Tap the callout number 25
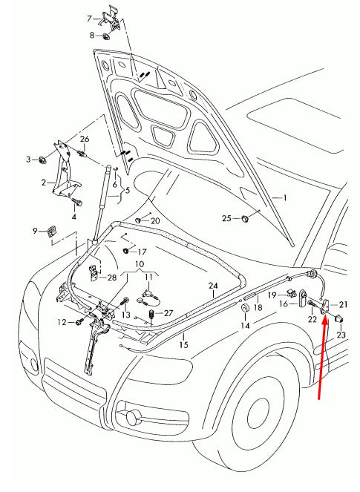pyautogui.click(x=227, y=217)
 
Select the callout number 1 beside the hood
pyautogui.click(x=283, y=198)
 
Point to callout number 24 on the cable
pyautogui.click(x=213, y=286)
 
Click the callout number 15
pyautogui.click(x=184, y=344)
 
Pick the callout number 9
pyautogui.click(x=34, y=231)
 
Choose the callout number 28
pyautogui.click(x=112, y=278)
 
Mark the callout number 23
pyautogui.click(x=341, y=335)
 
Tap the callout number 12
pyautogui.click(x=62, y=321)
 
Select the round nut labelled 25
pyautogui.click(x=245, y=218)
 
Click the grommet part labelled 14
pyautogui.click(x=245, y=309)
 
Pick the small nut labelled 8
pyautogui.click(x=107, y=36)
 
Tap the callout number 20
pyautogui.click(x=154, y=221)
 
